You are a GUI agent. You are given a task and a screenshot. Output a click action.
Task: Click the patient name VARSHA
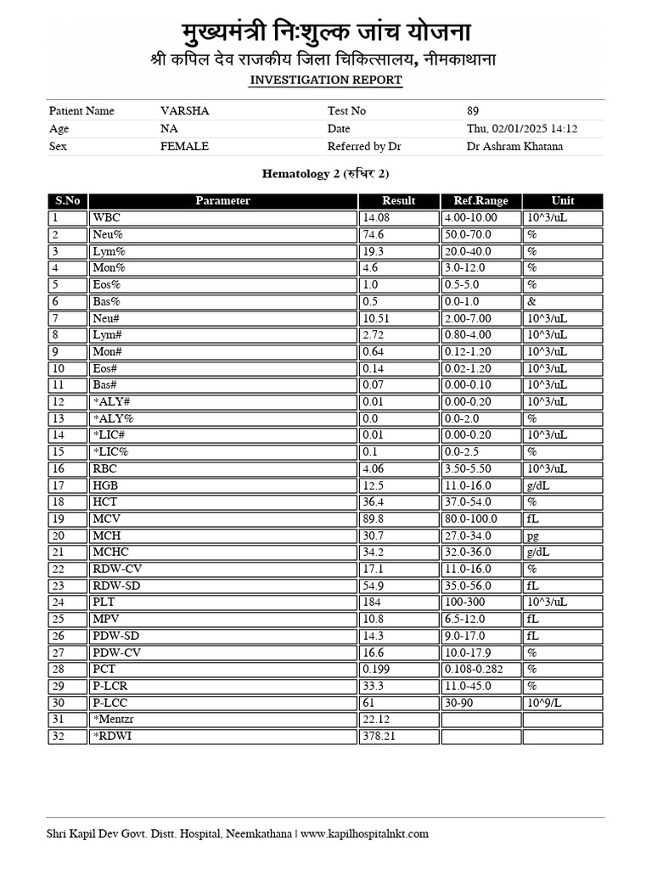point(184,111)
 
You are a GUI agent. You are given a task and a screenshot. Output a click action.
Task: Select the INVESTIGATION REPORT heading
point(325,80)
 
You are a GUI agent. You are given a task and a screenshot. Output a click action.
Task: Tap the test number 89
point(473,111)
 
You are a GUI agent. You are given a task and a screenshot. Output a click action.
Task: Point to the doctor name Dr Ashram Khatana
point(514,147)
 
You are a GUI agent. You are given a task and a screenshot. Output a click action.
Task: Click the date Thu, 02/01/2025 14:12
point(522,129)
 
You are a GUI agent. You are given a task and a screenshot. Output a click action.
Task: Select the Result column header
point(398,201)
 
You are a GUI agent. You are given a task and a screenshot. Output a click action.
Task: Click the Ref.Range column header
point(481,201)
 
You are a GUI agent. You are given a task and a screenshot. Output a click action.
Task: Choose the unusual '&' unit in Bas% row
point(531,301)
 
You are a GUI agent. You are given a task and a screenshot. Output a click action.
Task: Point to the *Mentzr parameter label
point(116,720)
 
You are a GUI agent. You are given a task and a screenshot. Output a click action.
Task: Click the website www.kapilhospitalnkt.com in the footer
point(365,834)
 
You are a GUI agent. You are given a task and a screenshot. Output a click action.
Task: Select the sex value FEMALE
point(184,147)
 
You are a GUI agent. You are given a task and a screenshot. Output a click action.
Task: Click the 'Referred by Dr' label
point(364,147)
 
